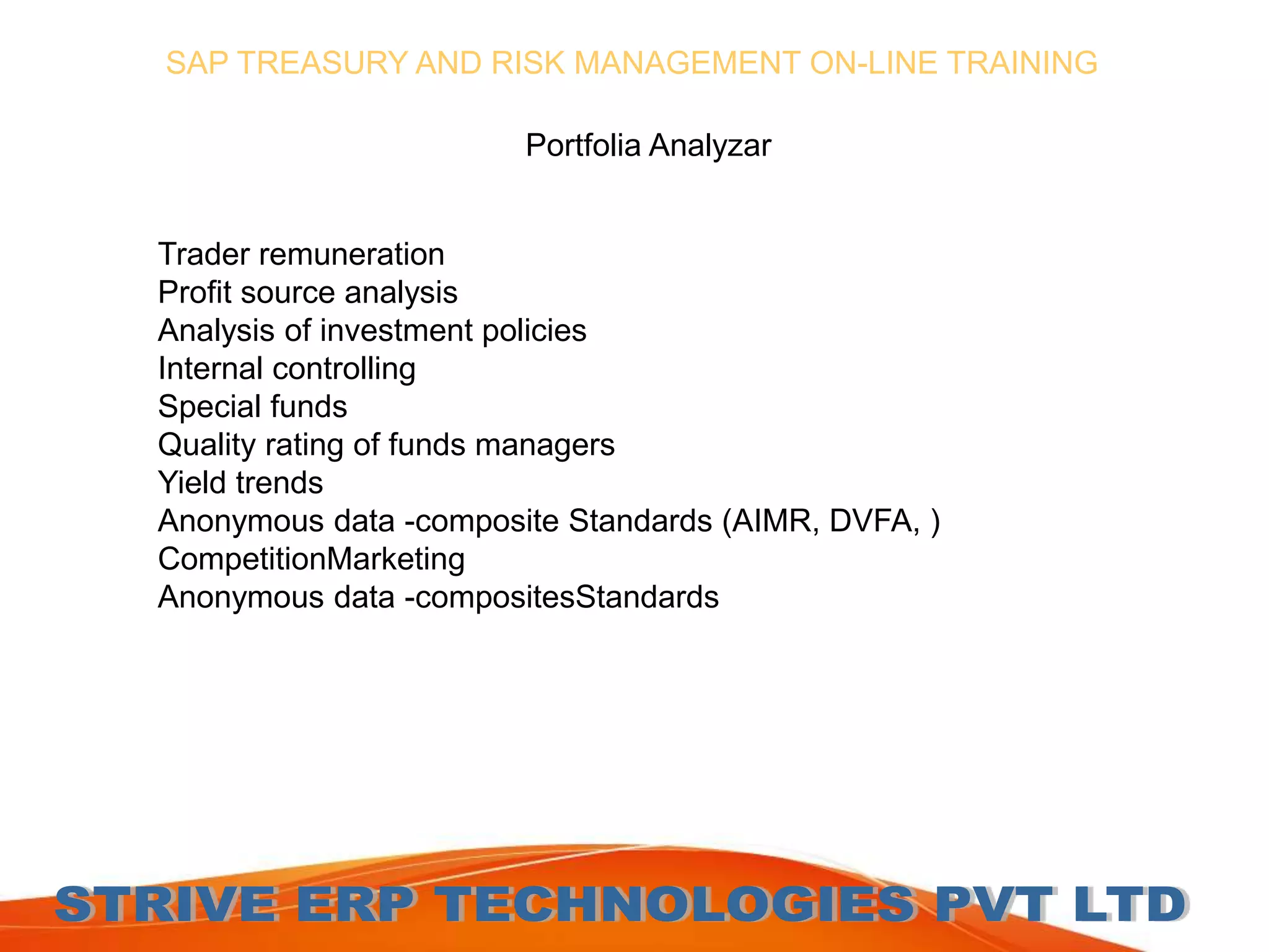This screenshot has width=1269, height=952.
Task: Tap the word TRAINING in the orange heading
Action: (1022, 63)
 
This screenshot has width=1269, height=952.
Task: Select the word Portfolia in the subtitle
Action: (582, 146)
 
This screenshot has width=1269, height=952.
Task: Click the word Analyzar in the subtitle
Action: (709, 146)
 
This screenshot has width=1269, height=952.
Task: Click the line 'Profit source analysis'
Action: (307, 293)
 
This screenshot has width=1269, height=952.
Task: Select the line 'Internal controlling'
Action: (286, 369)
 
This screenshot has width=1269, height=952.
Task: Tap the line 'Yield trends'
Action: (240, 483)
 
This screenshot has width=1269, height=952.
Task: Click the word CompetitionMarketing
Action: (311, 559)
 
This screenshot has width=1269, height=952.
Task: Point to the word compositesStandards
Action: (567, 597)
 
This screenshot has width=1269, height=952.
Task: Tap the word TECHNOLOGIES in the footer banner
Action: (675, 905)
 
